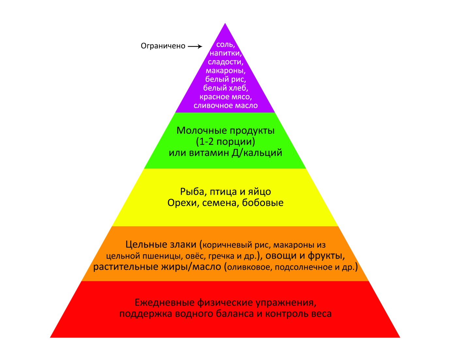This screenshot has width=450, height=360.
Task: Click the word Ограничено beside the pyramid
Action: click(x=163, y=46)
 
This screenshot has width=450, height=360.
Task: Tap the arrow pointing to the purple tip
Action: click(x=195, y=46)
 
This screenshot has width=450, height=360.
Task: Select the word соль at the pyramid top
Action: click(x=225, y=45)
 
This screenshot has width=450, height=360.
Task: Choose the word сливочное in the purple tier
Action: click(x=212, y=106)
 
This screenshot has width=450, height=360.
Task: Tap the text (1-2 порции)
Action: click(x=225, y=142)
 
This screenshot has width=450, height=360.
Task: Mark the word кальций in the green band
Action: click(x=263, y=153)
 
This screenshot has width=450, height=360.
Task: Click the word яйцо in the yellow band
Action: click(x=259, y=192)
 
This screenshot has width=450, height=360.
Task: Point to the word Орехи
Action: click(x=182, y=203)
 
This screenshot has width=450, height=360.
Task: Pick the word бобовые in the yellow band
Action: click(x=263, y=203)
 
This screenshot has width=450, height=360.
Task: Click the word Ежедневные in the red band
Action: click(x=164, y=303)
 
